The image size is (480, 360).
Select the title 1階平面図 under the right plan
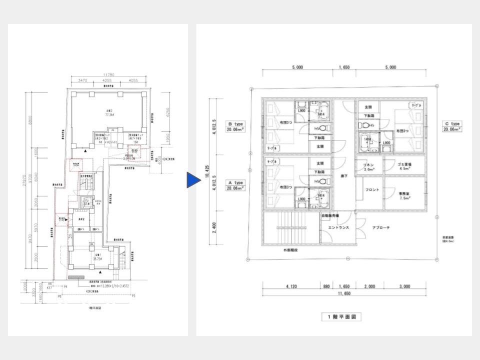pyautogui.click(x=341, y=317)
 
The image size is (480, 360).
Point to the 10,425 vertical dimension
pyautogui.click(x=206, y=176)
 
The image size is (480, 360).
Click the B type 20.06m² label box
pyautogui.click(x=235, y=126)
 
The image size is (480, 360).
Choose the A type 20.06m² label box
pyautogui.click(x=235, y=185)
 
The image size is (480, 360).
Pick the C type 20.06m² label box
pyautogui.click(x=451, y=126)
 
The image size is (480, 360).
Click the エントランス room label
pyautogui.click(x=338, y=227)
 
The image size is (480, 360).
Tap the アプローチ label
pyautogui.click(x=380, y=227)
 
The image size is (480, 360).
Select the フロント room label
pyautogui.click(x=372, y=190)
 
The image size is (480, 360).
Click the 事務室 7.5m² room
pyautogui.click(x=405, y=195)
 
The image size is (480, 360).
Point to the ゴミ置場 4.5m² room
pyautogui.click(x=405, y=166)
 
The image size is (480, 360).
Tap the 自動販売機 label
pyautogui.click(x=330, y=216)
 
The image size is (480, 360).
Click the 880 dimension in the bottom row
pyautogui.click(x=326, y=287)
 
